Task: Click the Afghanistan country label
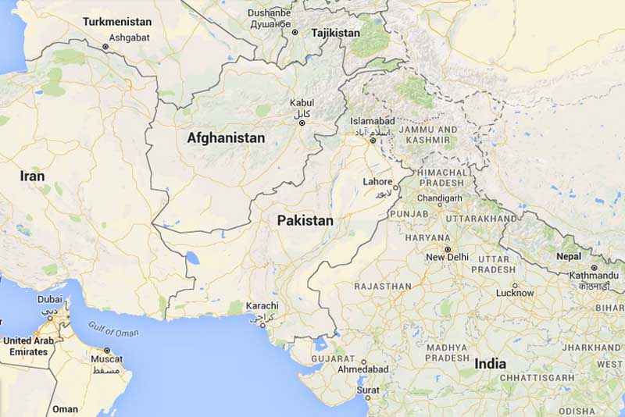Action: click(226, 138)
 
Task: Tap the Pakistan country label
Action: click(305, 221)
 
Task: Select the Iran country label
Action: click(33, 176)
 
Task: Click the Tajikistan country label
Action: click(335, 34)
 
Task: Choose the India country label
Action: click(490, 364)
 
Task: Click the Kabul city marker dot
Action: click(302, 123)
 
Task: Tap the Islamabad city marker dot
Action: click(373, 141)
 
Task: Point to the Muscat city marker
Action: click(107, 350)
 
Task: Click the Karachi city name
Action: click(261, 305)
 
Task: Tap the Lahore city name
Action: click(378, 182)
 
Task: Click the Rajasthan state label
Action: click(383, 287)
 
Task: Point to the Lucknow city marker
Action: click(514, 284)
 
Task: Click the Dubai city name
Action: click(49, 299)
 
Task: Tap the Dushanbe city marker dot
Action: click(295, 32)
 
